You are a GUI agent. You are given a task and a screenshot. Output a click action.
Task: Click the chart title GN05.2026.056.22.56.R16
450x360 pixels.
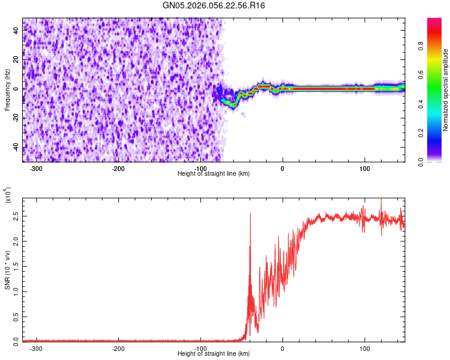coord(214,5)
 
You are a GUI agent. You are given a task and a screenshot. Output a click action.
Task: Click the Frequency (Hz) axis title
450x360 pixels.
coord(7,90)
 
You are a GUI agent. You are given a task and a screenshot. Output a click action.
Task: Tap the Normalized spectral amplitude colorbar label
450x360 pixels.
coord(446,90)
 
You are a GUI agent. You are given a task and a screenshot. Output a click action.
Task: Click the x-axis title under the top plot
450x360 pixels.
coord(214,174)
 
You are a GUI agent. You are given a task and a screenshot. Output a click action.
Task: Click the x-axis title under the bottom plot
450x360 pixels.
coord(214,354)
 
